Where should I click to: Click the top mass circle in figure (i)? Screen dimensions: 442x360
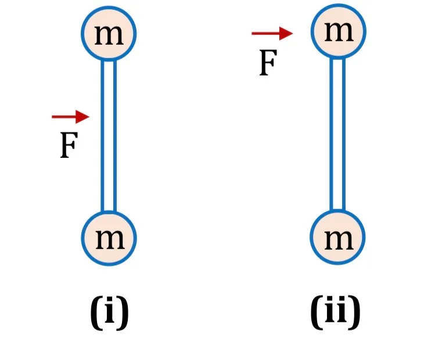(x=109, y=33)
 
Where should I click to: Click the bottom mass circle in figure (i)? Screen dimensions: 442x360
(x=109, y=238)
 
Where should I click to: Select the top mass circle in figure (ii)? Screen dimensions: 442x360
(x=339, y=31)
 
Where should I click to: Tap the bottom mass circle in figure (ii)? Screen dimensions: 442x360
(x=337, y=237)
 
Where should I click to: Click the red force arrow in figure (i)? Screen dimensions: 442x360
(x=70, y=117)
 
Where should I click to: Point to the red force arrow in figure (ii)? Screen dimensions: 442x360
(x=272, y=33)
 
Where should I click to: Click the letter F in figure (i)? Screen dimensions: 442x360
(x=69, y=146)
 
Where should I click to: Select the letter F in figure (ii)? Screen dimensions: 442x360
(x=268, y=63)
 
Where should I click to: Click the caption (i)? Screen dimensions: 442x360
(x=109, y=312)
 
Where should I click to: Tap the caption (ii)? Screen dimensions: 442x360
(x=335, y=312)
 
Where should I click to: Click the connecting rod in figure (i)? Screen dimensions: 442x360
(x=109, y=136)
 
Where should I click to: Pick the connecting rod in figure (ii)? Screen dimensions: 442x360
(x=337, y=134)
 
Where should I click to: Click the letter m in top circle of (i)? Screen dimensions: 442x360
(x=109, y=35)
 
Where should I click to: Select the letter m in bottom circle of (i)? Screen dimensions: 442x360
(x=110, y=239)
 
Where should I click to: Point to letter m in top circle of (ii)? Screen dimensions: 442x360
(x=339, y=32)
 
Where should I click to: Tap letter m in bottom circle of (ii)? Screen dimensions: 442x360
(x=339, y=240)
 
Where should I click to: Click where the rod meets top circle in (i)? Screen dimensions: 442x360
(x=109, y=60)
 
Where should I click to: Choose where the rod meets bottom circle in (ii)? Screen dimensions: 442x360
(x=337, y=210)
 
